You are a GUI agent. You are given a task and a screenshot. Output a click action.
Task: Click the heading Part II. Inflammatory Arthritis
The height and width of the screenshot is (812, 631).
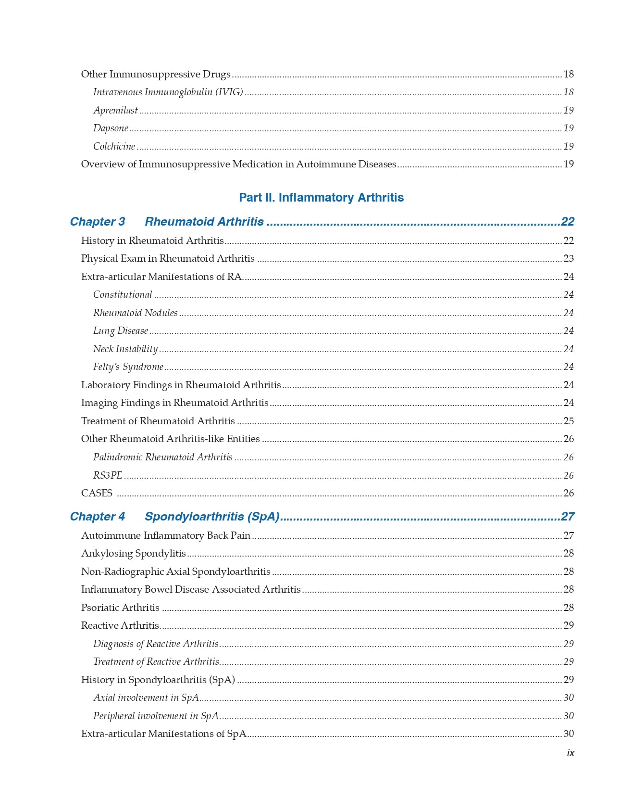pos(321,198)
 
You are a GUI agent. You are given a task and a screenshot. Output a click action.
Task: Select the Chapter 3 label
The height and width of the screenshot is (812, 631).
pos(97,222)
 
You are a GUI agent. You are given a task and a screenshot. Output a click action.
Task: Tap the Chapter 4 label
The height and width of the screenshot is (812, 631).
pos(97,517)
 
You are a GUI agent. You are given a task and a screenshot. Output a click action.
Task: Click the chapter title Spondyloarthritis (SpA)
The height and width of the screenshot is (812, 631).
pos(212,517)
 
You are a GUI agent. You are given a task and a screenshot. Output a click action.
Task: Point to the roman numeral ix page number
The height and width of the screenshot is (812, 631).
pos(570,753)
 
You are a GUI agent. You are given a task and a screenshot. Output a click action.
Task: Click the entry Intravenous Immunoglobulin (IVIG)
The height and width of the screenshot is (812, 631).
pos(168,92)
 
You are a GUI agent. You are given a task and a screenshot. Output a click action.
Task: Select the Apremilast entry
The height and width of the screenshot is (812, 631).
pos(115,110)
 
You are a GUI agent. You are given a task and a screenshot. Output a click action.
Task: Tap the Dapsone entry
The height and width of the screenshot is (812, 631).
pos(111,128)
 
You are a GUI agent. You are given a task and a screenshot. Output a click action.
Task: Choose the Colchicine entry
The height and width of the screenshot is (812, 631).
pos(114,146)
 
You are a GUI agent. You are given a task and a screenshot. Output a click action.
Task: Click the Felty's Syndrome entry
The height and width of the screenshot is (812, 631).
pos(128,367)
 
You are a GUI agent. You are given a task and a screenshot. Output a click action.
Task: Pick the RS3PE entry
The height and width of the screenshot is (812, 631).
pos(108,475)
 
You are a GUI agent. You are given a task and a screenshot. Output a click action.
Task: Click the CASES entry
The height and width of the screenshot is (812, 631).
pos(97,493)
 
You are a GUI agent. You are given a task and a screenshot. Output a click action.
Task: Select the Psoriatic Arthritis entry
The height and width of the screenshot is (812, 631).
pos(120,608)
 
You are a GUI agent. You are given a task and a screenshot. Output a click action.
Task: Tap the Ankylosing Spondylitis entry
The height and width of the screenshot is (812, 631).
pos(133,553)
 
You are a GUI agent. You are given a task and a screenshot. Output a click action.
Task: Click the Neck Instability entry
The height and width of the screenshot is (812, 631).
pos(125,349)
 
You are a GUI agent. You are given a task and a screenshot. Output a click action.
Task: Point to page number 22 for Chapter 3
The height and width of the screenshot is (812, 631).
pos(568,222)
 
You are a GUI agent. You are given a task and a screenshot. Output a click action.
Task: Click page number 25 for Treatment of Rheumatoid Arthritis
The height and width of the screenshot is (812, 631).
pos(569,421)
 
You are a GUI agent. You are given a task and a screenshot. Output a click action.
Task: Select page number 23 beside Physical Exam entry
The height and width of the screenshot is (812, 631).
pos(569,258)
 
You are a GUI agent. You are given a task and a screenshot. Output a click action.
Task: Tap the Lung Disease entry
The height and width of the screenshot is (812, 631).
pos(120,330)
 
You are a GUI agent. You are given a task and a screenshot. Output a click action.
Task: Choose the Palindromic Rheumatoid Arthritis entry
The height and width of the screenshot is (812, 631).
pos(162,457)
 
